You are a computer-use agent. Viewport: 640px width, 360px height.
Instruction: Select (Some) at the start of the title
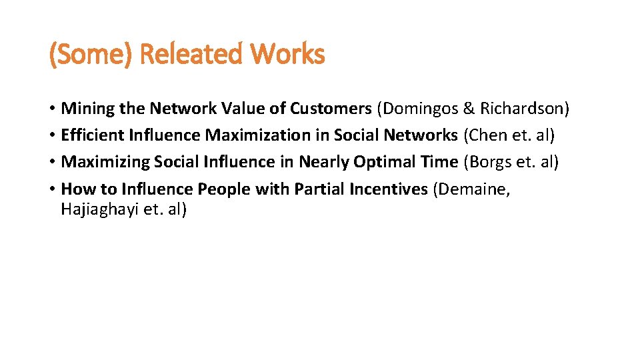[92, 54]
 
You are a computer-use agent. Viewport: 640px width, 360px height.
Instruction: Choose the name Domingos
[423, 108]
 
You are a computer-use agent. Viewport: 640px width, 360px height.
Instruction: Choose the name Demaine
[474, 189]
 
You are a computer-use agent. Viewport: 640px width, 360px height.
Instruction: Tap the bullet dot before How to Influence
[52, 190]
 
